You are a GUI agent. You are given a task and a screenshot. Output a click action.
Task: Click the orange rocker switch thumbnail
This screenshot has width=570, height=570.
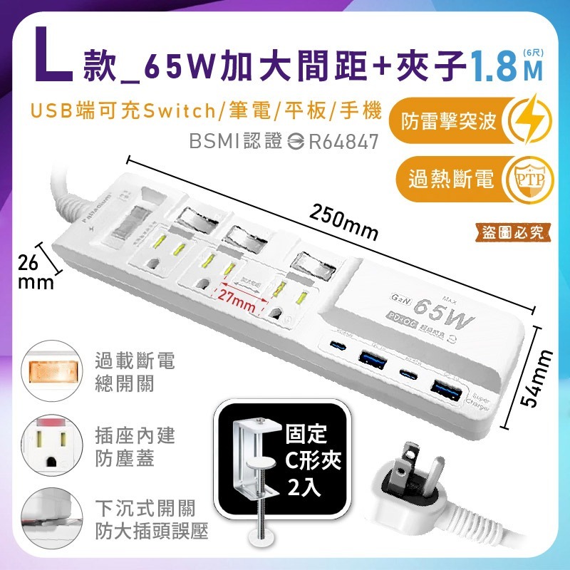point(49,372)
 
